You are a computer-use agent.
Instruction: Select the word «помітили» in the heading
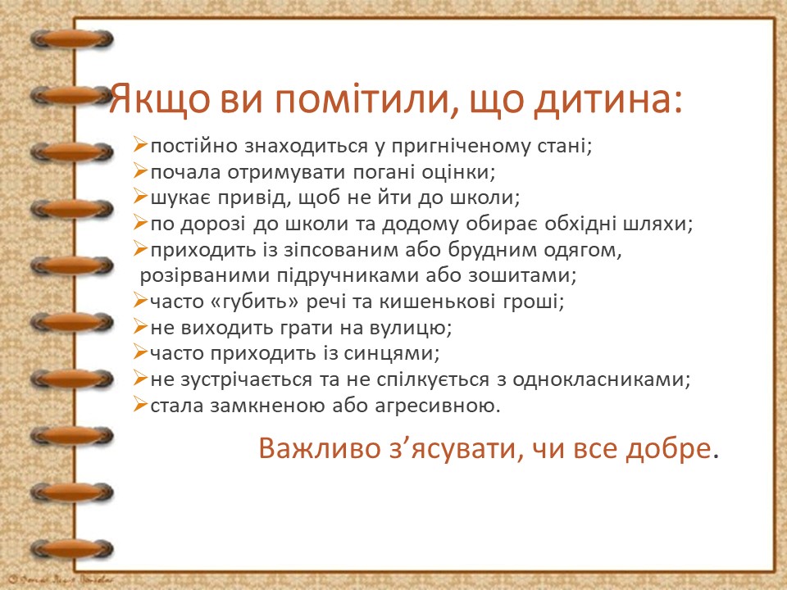[354, 102]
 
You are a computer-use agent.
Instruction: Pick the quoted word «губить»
[255, 301]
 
